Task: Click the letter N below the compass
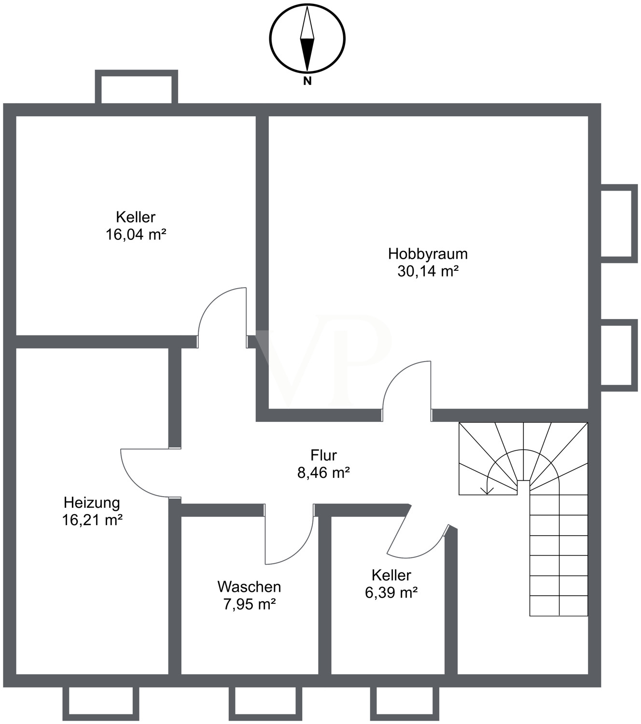tap(307, 81)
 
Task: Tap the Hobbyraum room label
tap(428, 254)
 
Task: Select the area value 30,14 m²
tap(428, 271)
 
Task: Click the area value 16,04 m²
tap(136, 235)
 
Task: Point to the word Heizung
tap(92, 503)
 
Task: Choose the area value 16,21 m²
tap(92, 520)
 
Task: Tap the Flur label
tap(323, 455)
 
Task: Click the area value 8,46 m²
tap(323, 473)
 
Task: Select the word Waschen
tap(249, 587)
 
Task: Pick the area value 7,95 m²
tap(250, 604)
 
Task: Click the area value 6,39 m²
tap(391, 593)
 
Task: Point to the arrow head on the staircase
tap(487, 491)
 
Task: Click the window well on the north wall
tap(137, 87)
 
